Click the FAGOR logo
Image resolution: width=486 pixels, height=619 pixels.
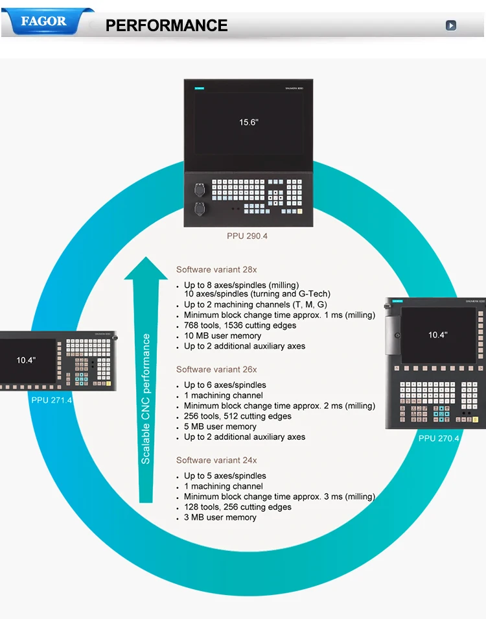click(44, 21)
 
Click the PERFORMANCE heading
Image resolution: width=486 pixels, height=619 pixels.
click(167, 25)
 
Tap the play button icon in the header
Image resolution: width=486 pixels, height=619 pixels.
click(451, 25)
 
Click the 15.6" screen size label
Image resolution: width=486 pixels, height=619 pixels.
click(248, 122)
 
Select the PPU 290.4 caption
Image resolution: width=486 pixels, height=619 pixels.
click(247, 236)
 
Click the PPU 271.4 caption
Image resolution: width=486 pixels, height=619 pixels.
click(52, 400)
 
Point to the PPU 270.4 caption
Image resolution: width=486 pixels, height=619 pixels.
click(439, 438)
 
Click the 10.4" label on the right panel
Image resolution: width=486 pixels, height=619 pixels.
click(437, 335)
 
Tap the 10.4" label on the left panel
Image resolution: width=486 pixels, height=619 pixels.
click(26, 360)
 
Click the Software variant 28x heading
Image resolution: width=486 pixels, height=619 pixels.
click(216, 269)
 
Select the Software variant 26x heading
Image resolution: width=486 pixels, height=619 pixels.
click(216, 369)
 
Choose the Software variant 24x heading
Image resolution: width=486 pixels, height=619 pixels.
click(216, 460)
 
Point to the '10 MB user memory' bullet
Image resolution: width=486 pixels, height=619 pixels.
click(222, 335)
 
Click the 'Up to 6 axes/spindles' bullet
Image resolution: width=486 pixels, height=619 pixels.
click(225, 385)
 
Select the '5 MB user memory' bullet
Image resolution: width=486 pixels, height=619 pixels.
click(220, 426)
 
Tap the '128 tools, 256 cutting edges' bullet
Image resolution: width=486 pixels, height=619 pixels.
click(238, 507)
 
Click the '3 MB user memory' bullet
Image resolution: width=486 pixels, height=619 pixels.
click(220, 517)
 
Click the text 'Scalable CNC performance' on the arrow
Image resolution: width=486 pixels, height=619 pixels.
click(146, 398)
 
